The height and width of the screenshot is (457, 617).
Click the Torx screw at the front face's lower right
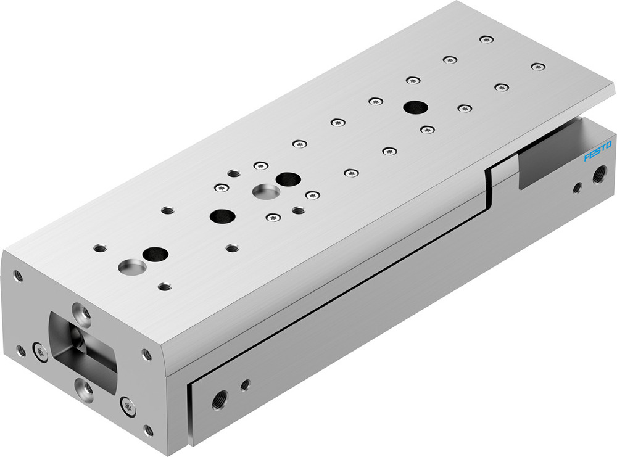coord(128,406)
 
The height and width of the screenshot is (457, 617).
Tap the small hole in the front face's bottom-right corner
coord(148,429)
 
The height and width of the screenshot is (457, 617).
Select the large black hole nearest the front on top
coord(155,253)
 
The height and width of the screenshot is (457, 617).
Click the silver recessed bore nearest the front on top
coord(133,268)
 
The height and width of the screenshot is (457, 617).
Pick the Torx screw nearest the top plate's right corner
coord(538,66)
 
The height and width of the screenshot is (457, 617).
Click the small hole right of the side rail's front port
coord(245,385)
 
